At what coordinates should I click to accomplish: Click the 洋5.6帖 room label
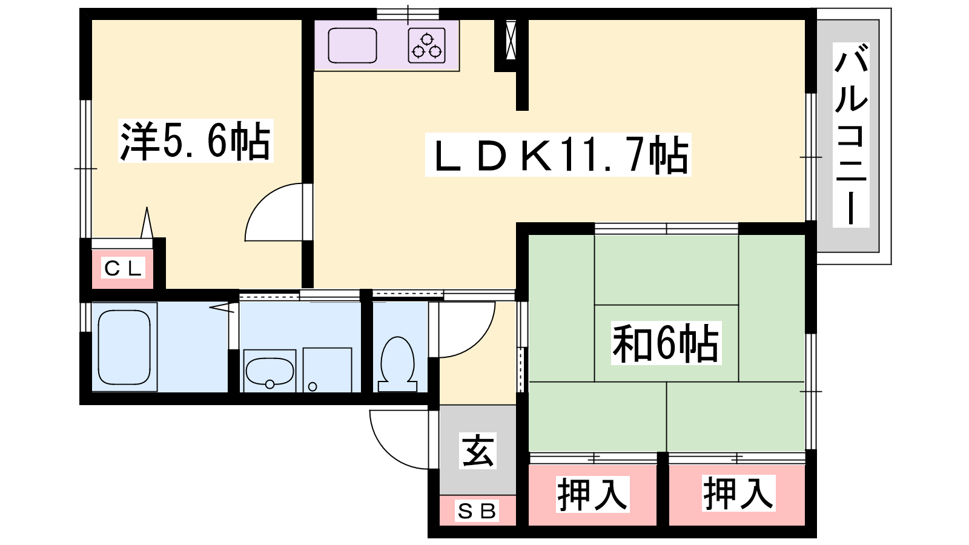tap(196, 141)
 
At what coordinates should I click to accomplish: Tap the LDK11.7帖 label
tap(558, 155)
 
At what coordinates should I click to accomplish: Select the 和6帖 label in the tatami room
tap(666, 343)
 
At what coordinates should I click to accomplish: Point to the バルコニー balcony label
tap(851, 136)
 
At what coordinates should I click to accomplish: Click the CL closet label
tap(124, 268)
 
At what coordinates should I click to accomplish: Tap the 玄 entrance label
tap(478, 451)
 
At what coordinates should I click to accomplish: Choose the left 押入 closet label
tap(592, 494)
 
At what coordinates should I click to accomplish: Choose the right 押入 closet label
tap(738, 493)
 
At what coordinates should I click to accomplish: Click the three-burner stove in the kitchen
tap(427, 46)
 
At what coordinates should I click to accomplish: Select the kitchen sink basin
tap(352, 46)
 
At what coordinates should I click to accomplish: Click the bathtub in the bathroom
tap(124, 348)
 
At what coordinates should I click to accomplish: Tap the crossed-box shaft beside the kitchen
tap(511, 40)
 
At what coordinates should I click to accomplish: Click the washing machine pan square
tap(328, 370)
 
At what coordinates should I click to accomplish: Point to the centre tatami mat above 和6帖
tap(666, 270)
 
